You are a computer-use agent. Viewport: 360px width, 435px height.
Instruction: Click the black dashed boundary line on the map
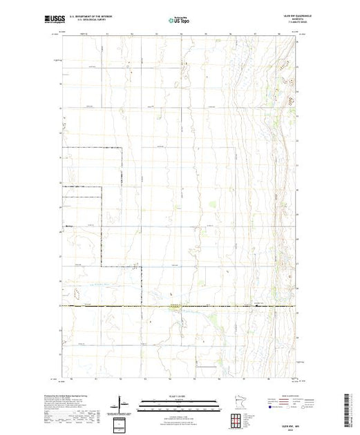coord(102,228)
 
